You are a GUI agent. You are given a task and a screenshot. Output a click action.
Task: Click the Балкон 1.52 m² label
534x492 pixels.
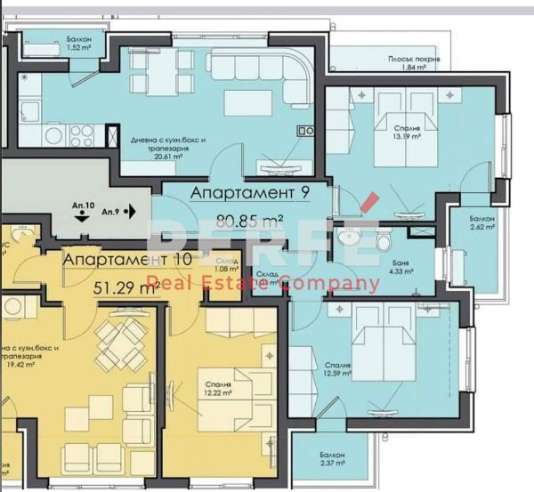click(x=77, y=44)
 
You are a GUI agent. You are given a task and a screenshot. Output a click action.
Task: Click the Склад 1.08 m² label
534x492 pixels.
click(x=228, y=264)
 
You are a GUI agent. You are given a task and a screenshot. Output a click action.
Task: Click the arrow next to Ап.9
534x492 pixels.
click(x=131, y=212)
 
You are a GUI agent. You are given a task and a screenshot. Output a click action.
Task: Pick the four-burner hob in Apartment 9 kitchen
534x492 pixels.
click(x=81, y=134)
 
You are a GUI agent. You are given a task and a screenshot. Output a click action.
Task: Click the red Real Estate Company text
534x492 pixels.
click(x=263, y=285)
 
